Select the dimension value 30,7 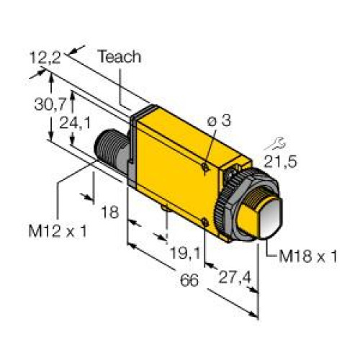pos(48,104)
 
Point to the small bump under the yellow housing pos(166,209)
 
